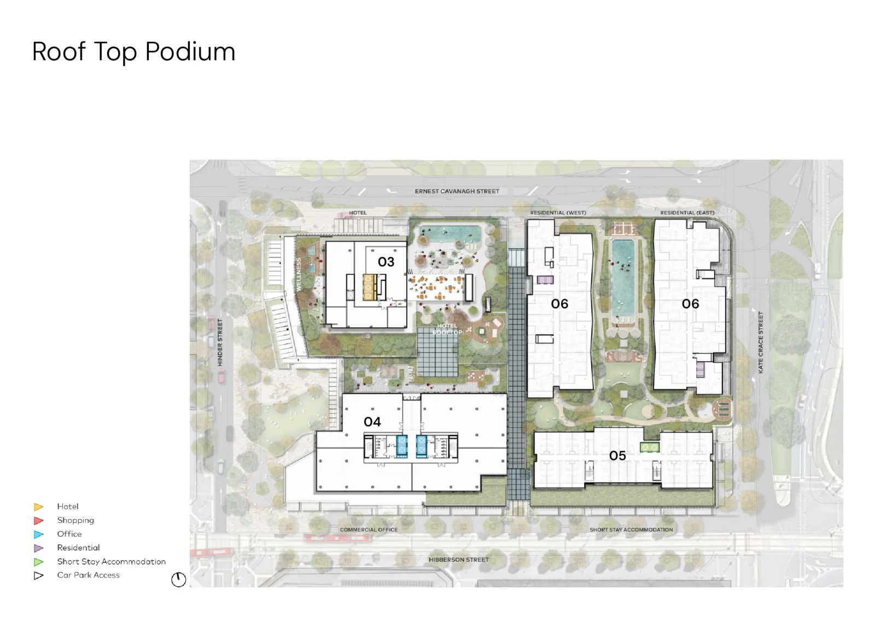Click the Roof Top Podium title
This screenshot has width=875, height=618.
133,52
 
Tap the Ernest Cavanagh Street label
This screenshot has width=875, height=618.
457,191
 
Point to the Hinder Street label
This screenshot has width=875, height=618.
220,343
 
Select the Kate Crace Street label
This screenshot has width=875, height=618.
760,343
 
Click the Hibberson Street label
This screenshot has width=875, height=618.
459,560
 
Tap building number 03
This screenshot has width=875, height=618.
386,262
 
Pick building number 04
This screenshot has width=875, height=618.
372,422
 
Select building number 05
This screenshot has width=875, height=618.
617,456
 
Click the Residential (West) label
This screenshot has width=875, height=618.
558,213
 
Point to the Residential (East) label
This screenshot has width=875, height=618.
687,213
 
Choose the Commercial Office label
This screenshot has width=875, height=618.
369,530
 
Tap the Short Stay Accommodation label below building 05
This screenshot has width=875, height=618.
631,530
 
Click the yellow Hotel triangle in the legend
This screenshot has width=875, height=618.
38,507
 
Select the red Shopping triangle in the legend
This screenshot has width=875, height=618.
38,521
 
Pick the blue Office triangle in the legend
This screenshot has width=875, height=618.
38,534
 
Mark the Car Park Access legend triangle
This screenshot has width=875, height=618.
38,576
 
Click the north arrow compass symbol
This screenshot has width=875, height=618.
178,579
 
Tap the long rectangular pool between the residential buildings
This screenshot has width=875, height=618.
623,278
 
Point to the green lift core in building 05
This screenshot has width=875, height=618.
650,447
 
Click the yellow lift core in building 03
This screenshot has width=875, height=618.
369,287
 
